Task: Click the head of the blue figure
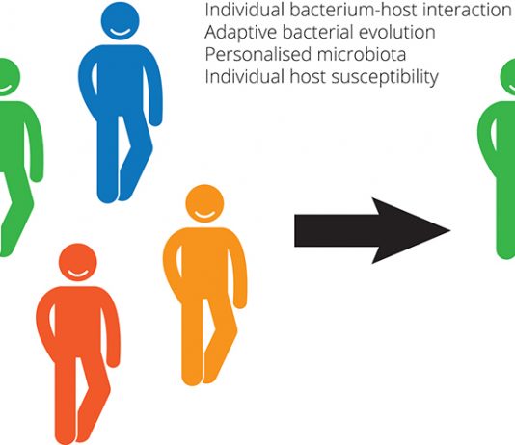(x=121, y=21)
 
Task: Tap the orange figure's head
(x=204, y=203)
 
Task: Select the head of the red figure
(x=78, y=262)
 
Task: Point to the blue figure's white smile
(x=121, y=32)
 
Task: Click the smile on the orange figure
(x=204, y=215)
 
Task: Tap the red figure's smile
(x=78, y=274)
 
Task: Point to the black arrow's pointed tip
(x=450, y=230)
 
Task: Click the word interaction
(x=467, y=10)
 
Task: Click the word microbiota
(x=362, y=54)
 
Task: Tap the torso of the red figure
(x=78, y=320)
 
